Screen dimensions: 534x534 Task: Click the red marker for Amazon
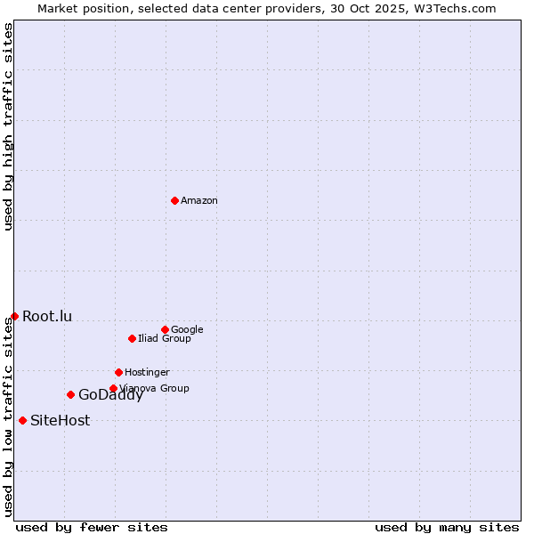(x=174, y=200)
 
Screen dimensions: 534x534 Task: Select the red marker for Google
(x=165, y=329)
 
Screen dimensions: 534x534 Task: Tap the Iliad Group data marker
(x=132, y=338)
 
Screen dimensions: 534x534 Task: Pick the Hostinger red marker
(x=118, y=372)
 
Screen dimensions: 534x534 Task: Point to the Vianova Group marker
(x=113, y=388)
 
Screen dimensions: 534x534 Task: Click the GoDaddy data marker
(x=70, y=394)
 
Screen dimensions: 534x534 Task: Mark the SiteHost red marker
(x=22, y=420)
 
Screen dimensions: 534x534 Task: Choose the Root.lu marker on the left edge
(x=14, y=316)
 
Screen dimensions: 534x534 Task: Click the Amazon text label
(x=199, y=201)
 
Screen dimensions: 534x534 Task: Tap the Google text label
(x=187, y=329)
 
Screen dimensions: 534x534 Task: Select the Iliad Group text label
(x=165, y=338)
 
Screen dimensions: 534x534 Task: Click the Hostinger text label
(x=147, y=372)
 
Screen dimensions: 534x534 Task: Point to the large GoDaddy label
(x=110, y=395)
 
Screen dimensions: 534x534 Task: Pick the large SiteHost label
(x=60, y=421)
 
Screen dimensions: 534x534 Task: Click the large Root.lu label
(x=47, y=317)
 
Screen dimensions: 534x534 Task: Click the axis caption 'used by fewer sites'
(x=92, y=527)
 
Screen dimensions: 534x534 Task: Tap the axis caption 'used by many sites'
(x=447, y=527)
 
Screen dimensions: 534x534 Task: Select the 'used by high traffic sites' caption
(x=8, y=126)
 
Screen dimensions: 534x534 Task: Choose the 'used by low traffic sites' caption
(x=8, y=417)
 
